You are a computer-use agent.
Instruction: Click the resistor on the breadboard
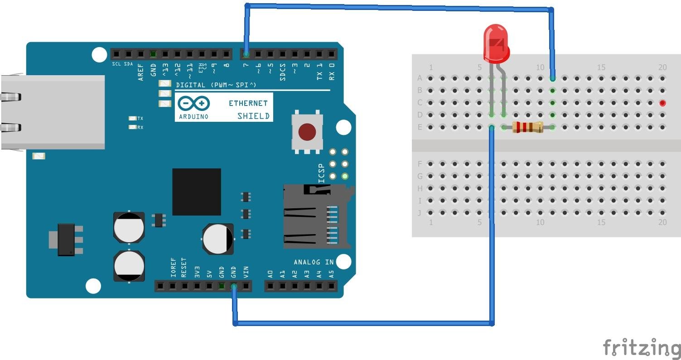pyautogui.click(x=527, y=128)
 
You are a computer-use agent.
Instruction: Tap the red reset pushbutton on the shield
pyautogui.click(x=307, y=132)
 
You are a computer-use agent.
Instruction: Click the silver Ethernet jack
pyautogui.click(x=53, y=112)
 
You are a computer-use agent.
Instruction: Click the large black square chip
pyautogui.click(x=196, y=192)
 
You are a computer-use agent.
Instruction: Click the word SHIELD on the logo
pyautogui.click(x=253, y=116)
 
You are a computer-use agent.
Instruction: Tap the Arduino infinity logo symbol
pyautogui.click(x=194, y=104)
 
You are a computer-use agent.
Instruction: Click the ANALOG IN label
pyautogui.click(x=314, y=262)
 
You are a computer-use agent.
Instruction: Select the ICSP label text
pyautogui.click(x=321, y=173)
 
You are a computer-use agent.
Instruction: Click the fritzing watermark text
pyautogui.click(x=642, y=347)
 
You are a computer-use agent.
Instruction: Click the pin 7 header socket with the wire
pyautogui.click(x=246, y=55)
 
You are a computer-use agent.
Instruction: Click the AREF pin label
pyautogui.click(x=141, y=72)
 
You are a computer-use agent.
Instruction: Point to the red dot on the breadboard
pyautogui.click(x=662, y=103)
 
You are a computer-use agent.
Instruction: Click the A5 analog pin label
pyautogui.click(x=331, y=274)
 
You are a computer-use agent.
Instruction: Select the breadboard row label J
pyautogui.click(x=420, y=213)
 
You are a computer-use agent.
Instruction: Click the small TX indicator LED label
pyautogui.click(x=140, y=118)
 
